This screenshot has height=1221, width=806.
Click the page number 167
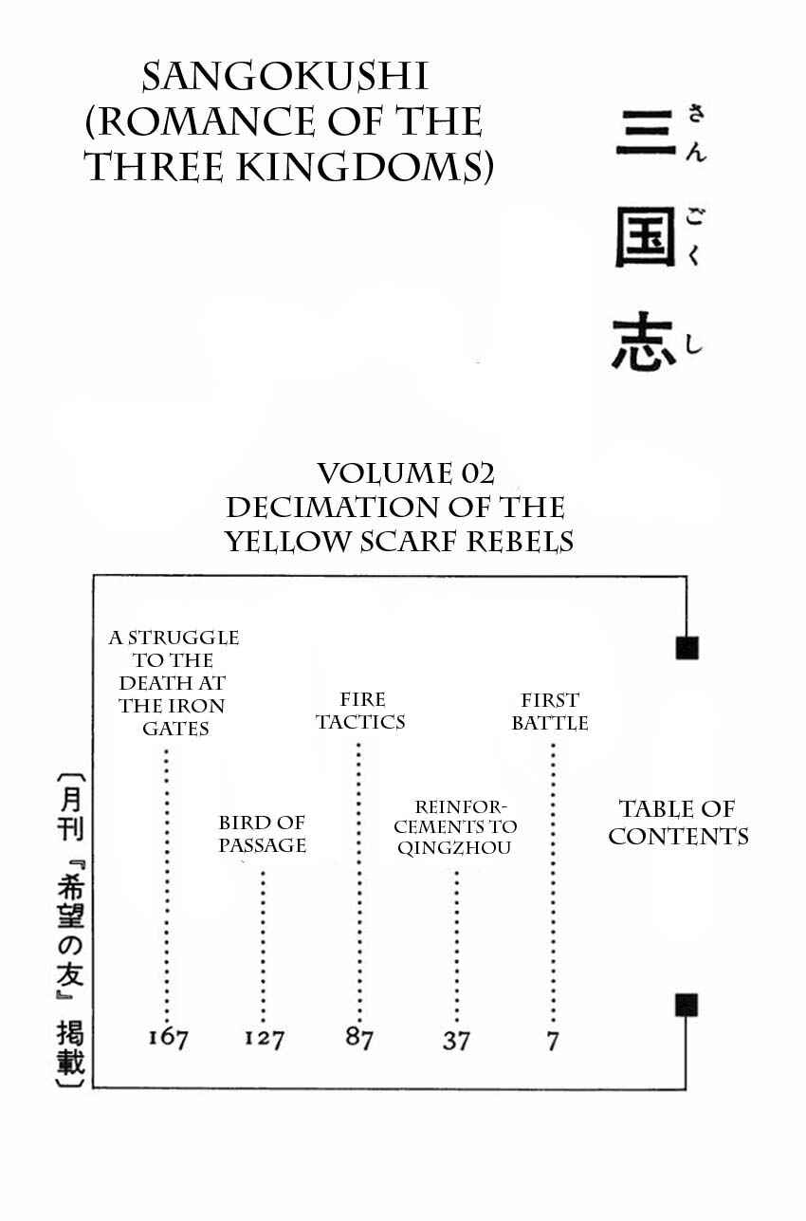coord(169,1038)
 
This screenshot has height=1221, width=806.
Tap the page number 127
coord(264,1038)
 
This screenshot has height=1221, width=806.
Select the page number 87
coord(359,1037)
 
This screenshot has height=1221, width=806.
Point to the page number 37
coord(455,1040)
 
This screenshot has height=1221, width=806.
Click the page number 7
coord(553,1041)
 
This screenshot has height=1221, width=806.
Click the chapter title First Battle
coord(550,712)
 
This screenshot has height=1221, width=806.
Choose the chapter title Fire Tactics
coord(360,711)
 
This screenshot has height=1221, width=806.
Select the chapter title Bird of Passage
coord(262,833)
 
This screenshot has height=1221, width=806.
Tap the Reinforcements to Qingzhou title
coord(454,827)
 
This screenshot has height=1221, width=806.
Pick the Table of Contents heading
coord(678,823)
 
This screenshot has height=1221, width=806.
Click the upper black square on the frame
coord(687,648)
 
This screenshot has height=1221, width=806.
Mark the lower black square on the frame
coord(687,1005)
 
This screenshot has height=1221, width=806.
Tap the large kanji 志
coord(644,342)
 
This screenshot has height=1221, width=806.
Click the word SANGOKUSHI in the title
coord(285,77)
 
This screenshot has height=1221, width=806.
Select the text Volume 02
coord(406,473)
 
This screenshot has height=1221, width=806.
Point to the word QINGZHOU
coord(454,847)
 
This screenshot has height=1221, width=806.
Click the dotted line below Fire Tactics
coord(358,881)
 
